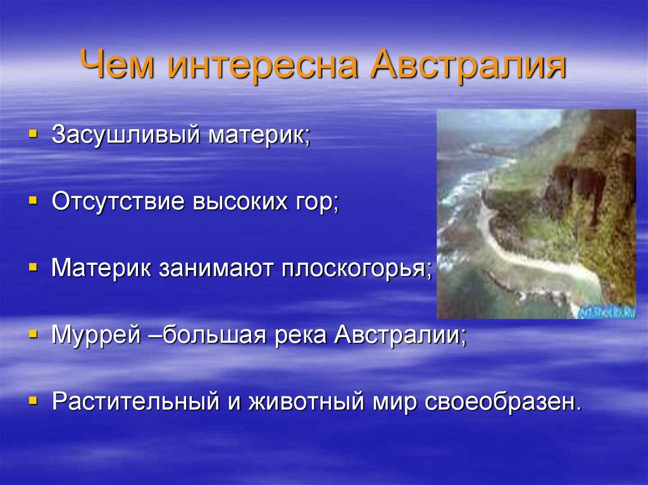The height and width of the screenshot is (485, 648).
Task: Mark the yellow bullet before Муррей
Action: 33,333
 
